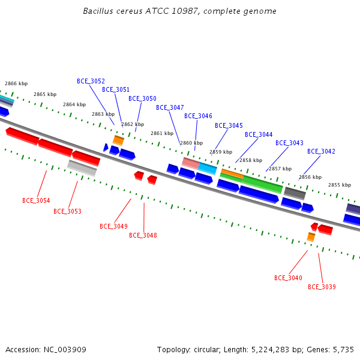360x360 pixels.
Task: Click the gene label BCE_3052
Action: pyautogui.click(x=91, y=81)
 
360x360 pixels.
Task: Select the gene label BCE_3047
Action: pyautogui.click(x=170, y=107)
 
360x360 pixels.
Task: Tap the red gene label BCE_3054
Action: pyautogui.click(x=36, y=200)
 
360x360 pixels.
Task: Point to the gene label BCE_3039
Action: pyautogui.click(x=322, y=287)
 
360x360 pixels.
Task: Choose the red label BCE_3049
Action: pyautogui.click(x=113, y=226)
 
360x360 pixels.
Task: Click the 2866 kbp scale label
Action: pyautogui.click(x=16, y=83)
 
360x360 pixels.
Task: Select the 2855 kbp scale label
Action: pyautogui.click(x=340, y=185)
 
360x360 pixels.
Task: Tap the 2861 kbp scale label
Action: pyautogui.click(x=162, y=133)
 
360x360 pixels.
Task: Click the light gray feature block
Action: pyautogui.click(x=82, y=168)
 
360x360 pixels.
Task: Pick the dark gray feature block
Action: pyautogui.click(x=295, y=193)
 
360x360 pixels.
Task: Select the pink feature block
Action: pyautogui.click(x=191, y=163)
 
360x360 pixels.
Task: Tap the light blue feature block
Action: pyautogui.click(x=208, y=169)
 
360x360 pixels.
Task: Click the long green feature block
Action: pyautogui.click(x=262, y=184)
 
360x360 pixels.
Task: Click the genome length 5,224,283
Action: pyautogui.click(x=270, y=350)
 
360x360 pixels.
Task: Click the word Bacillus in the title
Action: pyautogui.click(x=98, y=11)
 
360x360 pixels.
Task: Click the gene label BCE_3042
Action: pyautogui.click(x=321, y=151)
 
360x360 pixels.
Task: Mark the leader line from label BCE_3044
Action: pyautogui.click(x=247, y=151)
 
